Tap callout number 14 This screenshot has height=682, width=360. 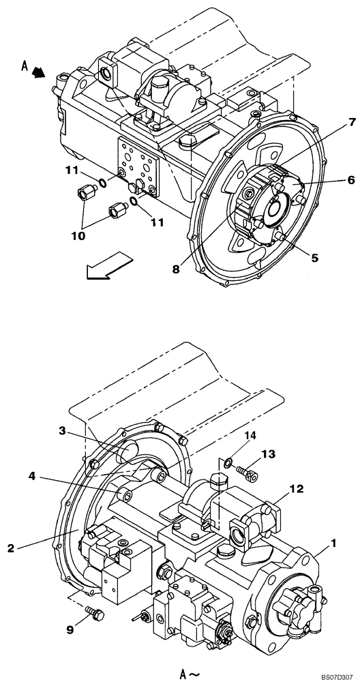pyautogui.click(x=251, y=434)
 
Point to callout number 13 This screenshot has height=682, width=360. pyautogui.click(x=269, y=454)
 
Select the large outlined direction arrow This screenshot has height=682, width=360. pyautogui.click(x=106, y=265)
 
